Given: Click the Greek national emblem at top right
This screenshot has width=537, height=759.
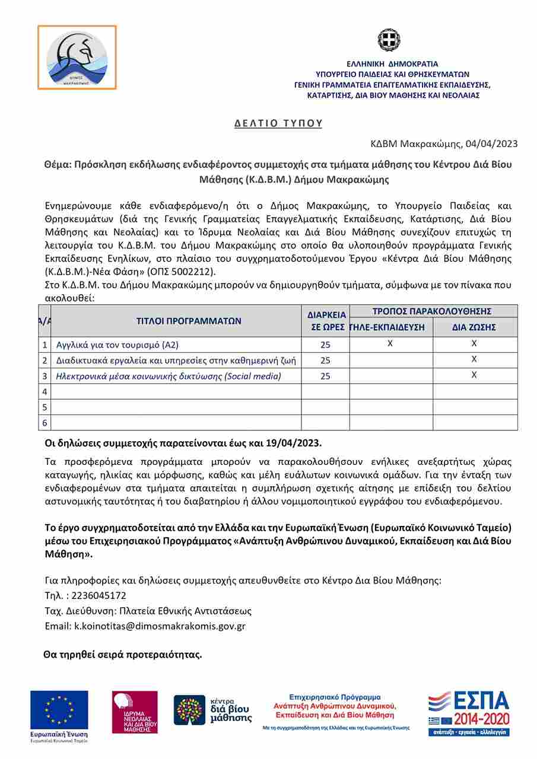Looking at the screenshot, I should tap(389, 40).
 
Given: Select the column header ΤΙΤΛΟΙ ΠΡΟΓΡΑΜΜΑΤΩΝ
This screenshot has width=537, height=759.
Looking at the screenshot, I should tap(189, 321).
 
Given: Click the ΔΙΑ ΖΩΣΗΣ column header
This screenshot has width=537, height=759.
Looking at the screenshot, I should tap(474, 327).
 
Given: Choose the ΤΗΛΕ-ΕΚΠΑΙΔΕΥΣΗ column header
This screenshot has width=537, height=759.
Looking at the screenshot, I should tap(390, 327).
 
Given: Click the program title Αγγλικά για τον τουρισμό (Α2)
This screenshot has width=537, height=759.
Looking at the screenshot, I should tap(117, 345).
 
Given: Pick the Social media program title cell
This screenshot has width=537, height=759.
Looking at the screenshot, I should tap(169, 375).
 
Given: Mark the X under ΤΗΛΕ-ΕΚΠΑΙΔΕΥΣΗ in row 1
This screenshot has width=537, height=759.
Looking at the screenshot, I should tap(390, 343).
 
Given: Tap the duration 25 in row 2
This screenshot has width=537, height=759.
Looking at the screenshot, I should tap(325, 360).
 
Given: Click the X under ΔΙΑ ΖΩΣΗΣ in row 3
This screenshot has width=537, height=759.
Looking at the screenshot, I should tap(474, 374).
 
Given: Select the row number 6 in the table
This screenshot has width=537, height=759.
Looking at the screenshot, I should tap(45, 422).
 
